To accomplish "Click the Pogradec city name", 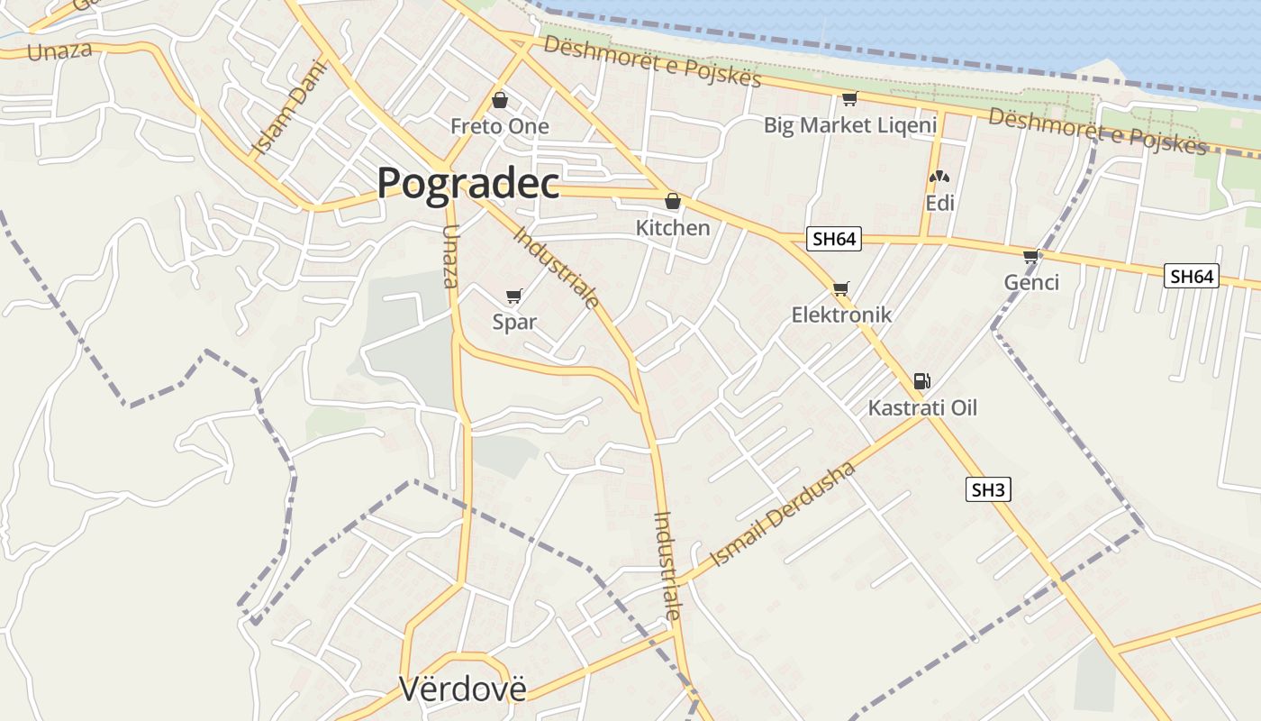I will [x=468, y=183].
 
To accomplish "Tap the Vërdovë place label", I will [x=462, y=689].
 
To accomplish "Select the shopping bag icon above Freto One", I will [x=500, y=100].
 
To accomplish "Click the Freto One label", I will [x=500, y=126].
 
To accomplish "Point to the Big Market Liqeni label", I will [x=850, y=125].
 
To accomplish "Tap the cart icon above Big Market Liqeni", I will [x=849, y=98].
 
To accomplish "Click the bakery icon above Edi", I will [x=939, y=178].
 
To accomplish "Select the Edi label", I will [x=939, y=203].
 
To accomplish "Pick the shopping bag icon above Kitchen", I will [x=672, y=201].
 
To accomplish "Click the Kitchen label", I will [x=673, y=228].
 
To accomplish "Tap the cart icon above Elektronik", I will [x=840, y=288].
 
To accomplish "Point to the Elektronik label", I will [x=841, y=315].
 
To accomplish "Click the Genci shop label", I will [x=1031, y=283].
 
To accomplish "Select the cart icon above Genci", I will [x=1031, y=257].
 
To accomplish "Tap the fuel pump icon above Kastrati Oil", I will [x=921, y=381].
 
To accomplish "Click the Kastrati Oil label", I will [x=922, y=408].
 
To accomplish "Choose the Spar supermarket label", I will [x=514, y=322].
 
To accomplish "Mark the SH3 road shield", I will [x=988, y=490].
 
